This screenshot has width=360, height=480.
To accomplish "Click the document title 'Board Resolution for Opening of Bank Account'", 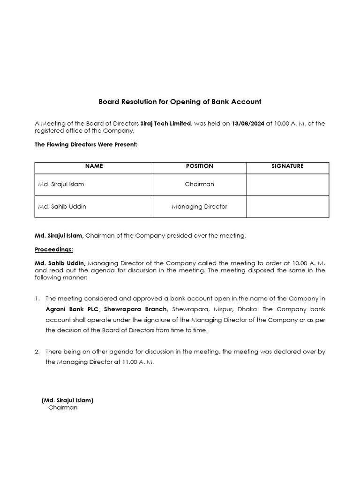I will (180, 101).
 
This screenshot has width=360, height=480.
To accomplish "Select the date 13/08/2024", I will (248, 123).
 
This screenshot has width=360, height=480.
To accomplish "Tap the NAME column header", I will (94, 166).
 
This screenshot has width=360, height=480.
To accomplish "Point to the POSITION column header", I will (199, 166).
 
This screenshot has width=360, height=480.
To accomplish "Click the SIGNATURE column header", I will (287, 166).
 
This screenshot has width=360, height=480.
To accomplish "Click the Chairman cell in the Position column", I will (199, 184).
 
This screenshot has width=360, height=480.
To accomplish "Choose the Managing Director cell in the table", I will (199, 206).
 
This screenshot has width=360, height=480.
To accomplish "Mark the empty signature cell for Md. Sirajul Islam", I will (287, 184).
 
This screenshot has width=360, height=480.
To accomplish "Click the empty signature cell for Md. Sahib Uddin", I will (287, 206).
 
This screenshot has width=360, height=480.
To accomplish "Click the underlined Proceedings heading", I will (53, 249).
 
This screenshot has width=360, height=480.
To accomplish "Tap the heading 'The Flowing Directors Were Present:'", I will (86, 144).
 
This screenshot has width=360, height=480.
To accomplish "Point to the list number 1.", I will (37, 299).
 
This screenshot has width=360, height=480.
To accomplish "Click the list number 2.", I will (37, 352).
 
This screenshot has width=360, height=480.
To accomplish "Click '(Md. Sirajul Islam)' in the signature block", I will (67, 400).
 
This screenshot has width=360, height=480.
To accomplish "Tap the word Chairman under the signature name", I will (63, 408).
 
